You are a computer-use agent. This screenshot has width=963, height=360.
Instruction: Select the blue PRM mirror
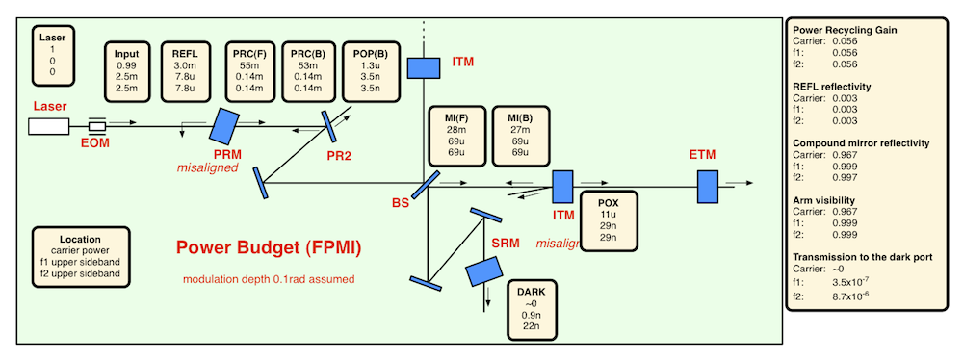pos(223,123)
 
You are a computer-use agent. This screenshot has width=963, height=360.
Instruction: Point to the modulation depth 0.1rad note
pos(269,279)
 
